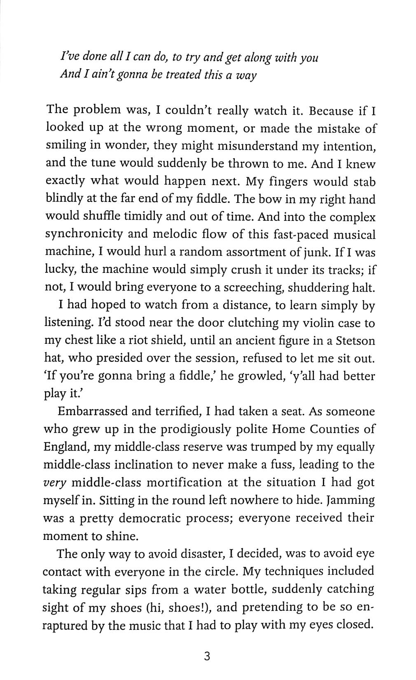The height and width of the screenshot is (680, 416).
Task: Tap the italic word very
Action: coord(54,483)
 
